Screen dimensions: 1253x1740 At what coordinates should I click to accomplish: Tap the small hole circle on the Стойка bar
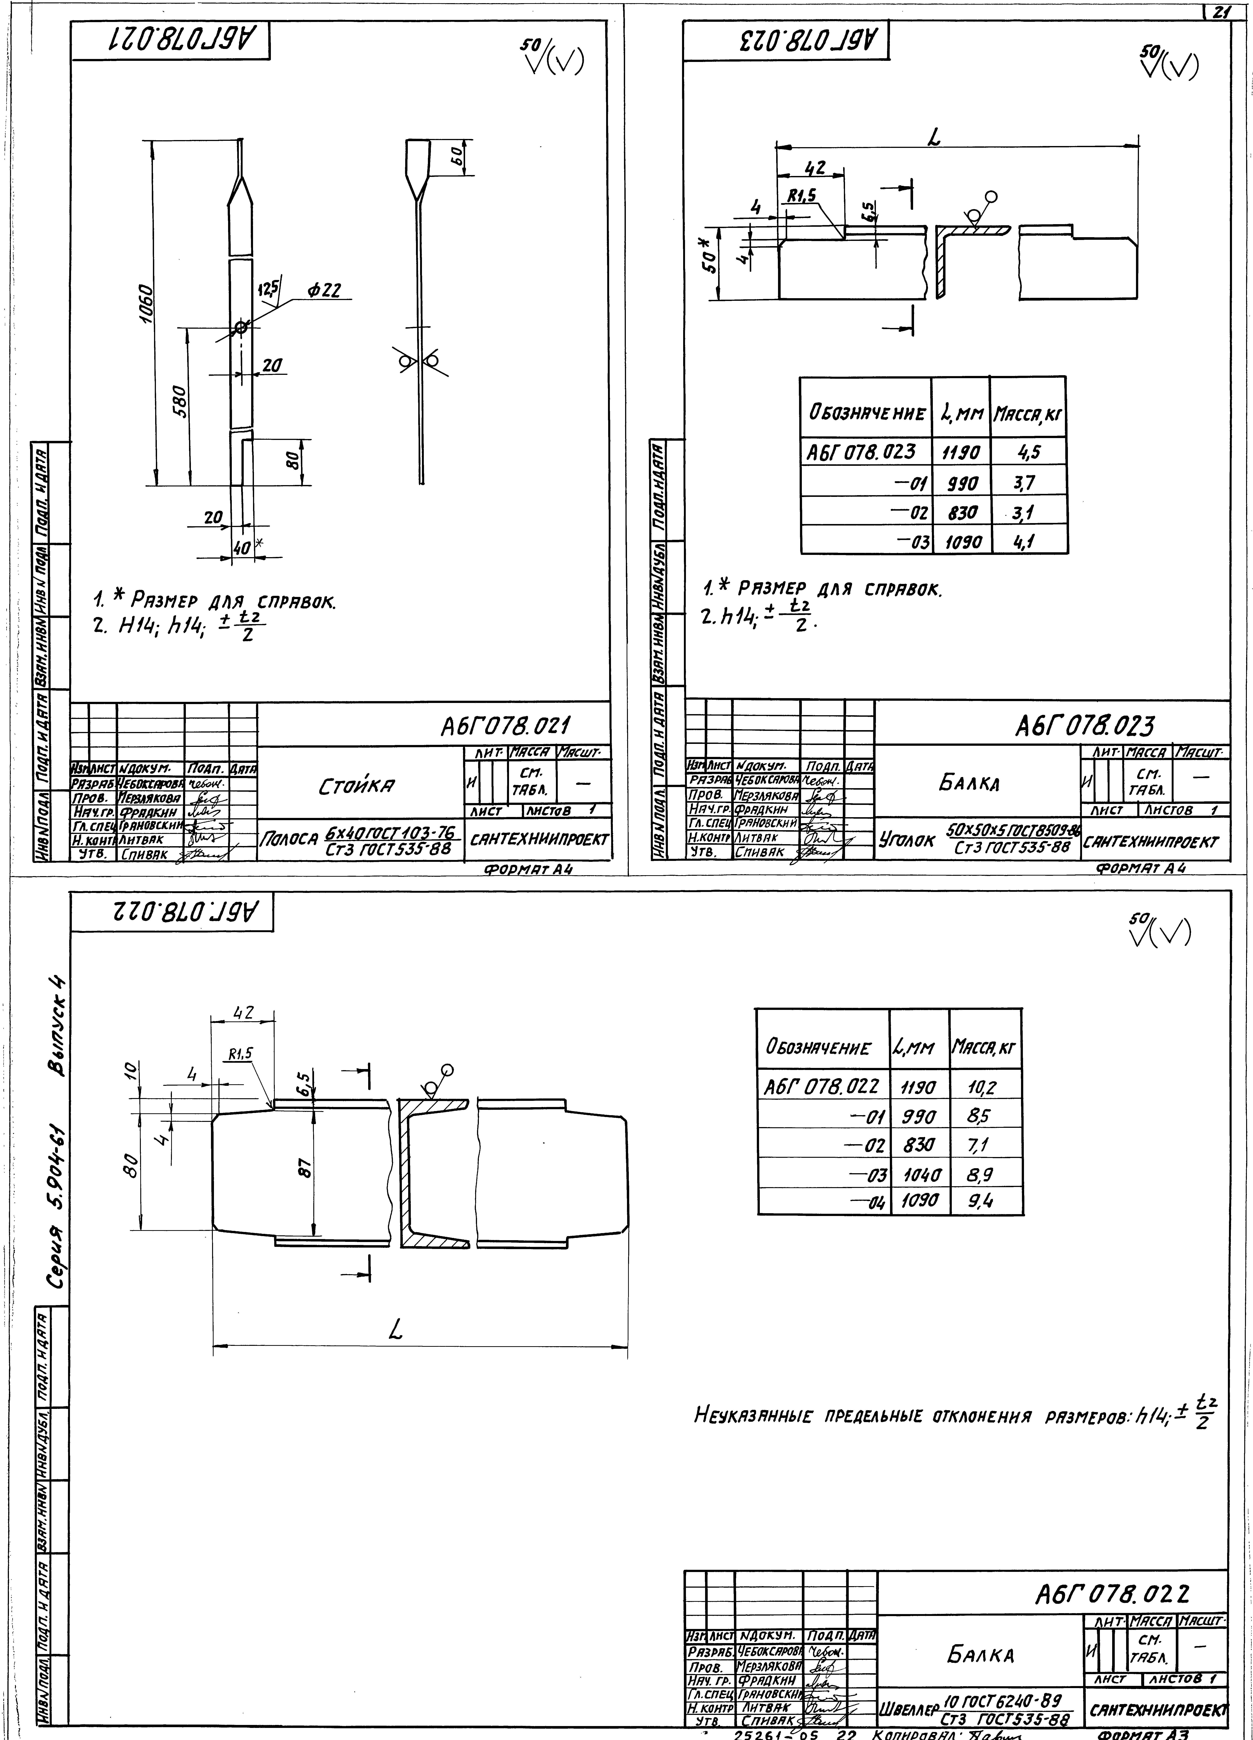241,328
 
